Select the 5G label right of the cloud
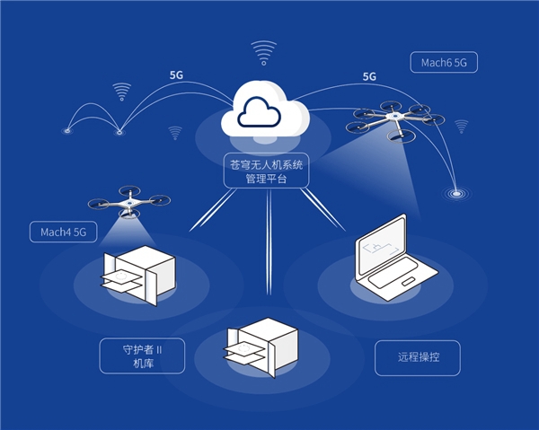pos(369,77)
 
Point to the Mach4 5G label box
pos(63,232)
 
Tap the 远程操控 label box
pos(417,357)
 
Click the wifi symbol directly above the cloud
pos(263,52)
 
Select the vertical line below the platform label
pos(269,242)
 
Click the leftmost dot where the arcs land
pos(67,131)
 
